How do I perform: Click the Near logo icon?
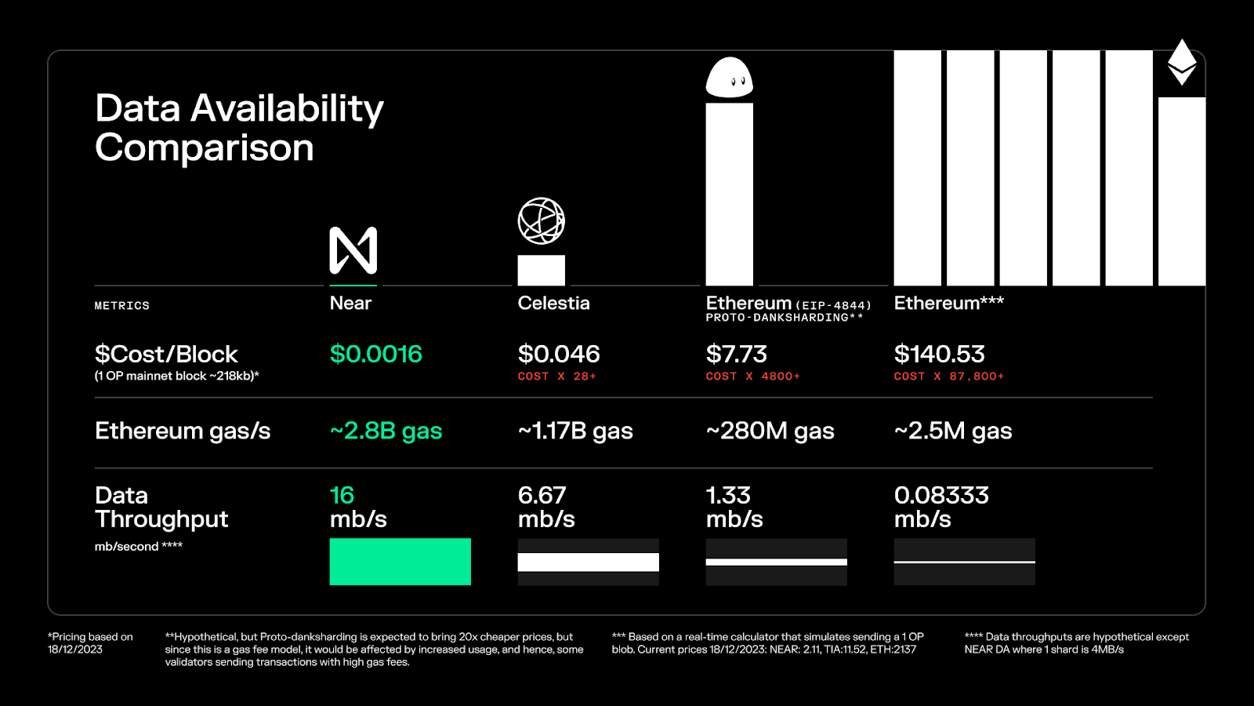click(x=353, y=250)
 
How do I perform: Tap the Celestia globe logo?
click(x=541, y=220)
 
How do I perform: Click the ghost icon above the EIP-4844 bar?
click(x=729, y=78)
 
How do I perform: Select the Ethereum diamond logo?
click(x=1182, y=62)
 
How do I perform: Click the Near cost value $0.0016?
click(x=375, y=354)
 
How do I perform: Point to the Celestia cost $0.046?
click(x=559, y=354)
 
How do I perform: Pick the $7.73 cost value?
click(x=736, y=354)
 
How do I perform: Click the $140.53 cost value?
click(x=939, y=354)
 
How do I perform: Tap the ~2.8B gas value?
click(x=386, y=431)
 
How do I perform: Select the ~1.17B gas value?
click(x=575, y=431)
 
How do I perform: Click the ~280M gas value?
click(x=770, y=431)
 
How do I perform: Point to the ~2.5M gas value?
click(x=953, y=431)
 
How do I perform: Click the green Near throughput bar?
click(x=400, y=562)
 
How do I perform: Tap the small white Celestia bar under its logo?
click(x=541, y=271)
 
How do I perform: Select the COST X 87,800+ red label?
click(x=948, y=377)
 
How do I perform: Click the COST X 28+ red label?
click(x=556, y=377)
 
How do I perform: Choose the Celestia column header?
click(x=553, y=303)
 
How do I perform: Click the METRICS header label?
click(x=121, y=306)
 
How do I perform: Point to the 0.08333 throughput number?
click(x=941, y=495)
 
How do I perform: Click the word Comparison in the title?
click(x=205, y=147)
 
